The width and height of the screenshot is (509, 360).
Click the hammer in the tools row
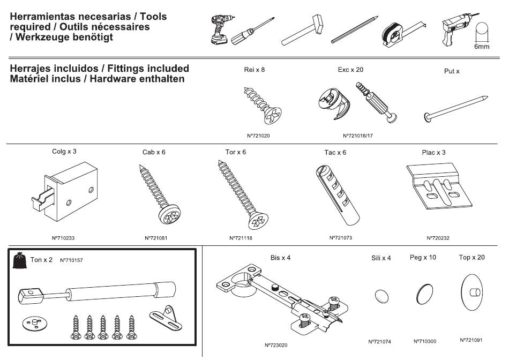pyautogui.click(x=303, y=30)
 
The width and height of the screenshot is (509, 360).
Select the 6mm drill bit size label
pyautogui.click(x=482, y=47)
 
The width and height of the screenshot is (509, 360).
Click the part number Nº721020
pyautogui.click(x=258, y=136)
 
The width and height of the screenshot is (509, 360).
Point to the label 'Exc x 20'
pyautogui.click(x=350, y=70)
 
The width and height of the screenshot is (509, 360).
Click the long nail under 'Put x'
pyautogui.click(x=456, y=109)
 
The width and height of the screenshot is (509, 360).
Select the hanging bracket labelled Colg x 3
pyautogui.click(x=65, y=192)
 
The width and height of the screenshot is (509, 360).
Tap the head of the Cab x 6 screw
pyautogui.click(x=169, y=214)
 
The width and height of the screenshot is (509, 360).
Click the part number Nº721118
pyautogui.click(x=241, y=238)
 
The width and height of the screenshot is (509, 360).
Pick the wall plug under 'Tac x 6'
pyautogui.click(x=337, y=195)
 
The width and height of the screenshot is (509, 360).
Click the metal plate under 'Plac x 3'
pyautogui.click(x=439, y=187)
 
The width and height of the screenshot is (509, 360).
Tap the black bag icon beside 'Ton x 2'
pyautogui.click(x=20, y=260)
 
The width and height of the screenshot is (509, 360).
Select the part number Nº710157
pyautogui.click(x=71, y=260)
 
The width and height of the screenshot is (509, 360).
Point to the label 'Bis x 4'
pyautogui.click(x=280, y=258)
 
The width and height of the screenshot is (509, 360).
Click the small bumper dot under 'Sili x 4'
pyautogui.click(x=381, y=296)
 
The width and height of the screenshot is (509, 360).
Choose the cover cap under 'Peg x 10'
pyautogui.click(x=424, y=294)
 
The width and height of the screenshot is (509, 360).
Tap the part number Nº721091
pyautogui.click(x=471, y=340)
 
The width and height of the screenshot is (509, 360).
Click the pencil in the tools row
pyautogui.click(x=355, y=29)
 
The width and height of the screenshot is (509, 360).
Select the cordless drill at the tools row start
pyautogui.click(x=221, y=29)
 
